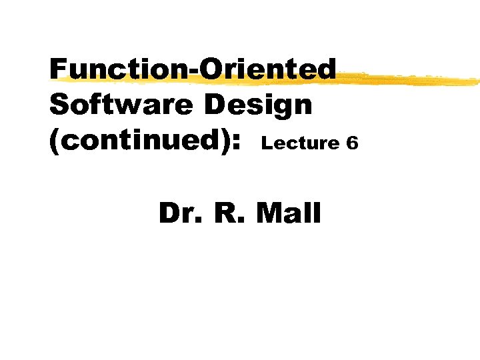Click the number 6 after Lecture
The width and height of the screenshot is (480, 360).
click(353, 142)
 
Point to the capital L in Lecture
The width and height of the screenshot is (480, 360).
click(267, 142)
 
